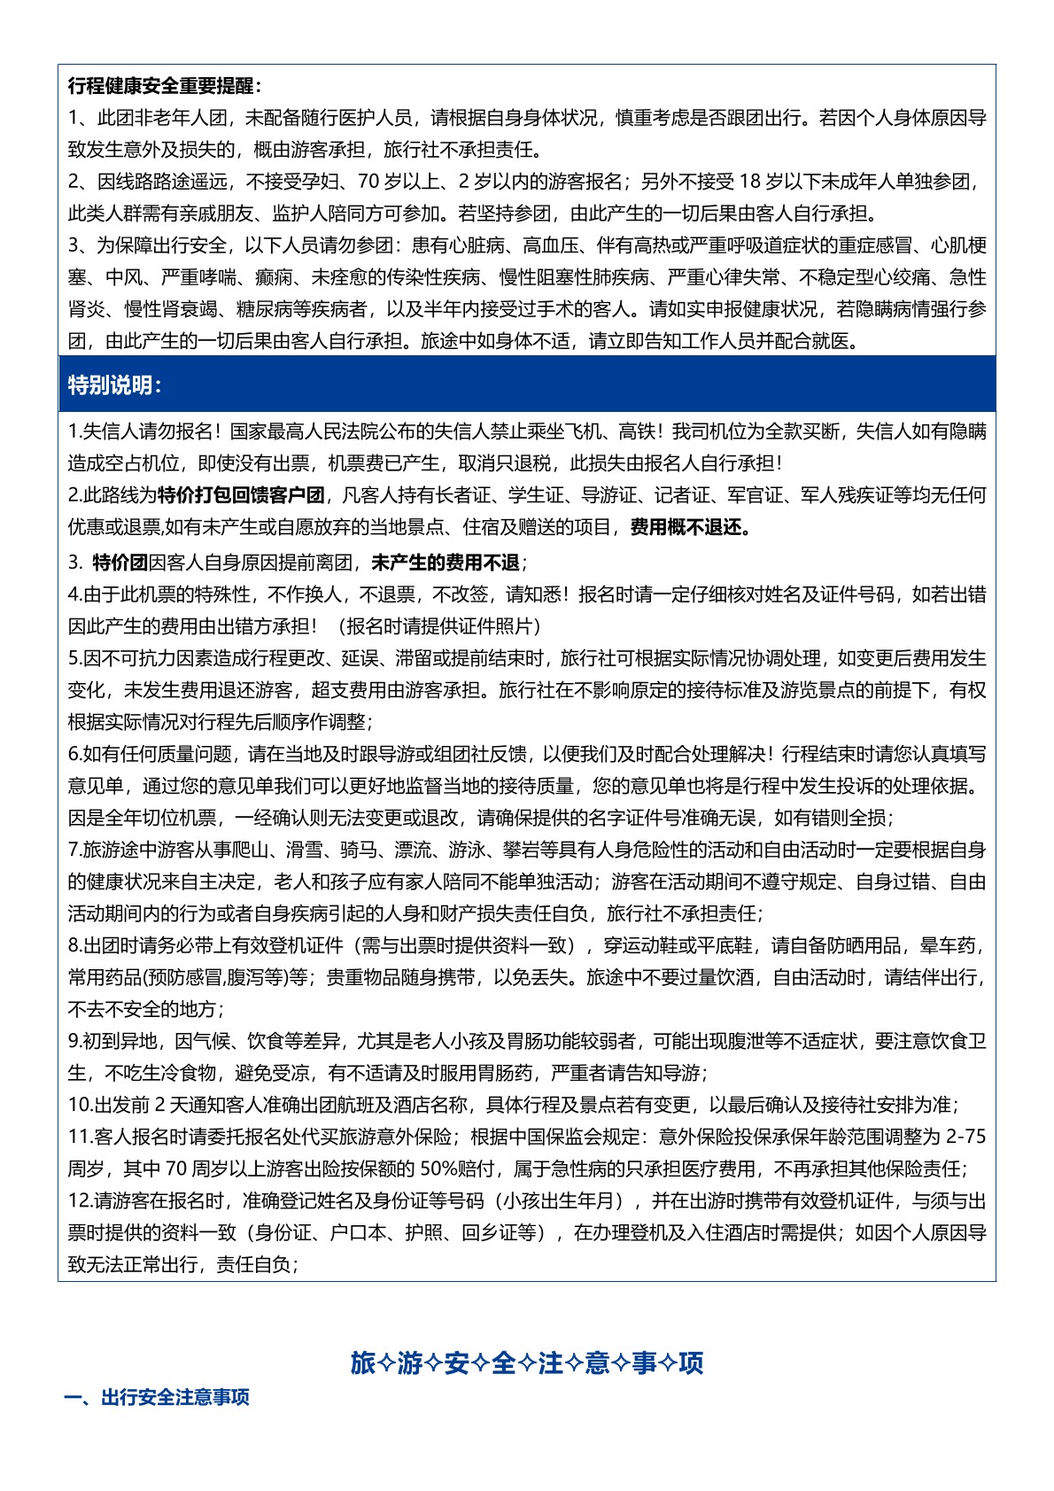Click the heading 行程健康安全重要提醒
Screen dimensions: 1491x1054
click(165, 87)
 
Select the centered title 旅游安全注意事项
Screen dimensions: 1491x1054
click(527, 1362)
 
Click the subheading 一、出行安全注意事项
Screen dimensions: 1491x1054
click(157, 1397)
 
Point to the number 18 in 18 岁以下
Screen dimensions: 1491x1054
click(749, 182)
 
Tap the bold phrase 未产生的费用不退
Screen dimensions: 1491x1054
click(445, 563)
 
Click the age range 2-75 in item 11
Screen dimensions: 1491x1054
click(965, 1138)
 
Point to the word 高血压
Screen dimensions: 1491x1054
click(551, 246)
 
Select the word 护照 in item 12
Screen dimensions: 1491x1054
click(423, 1233)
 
